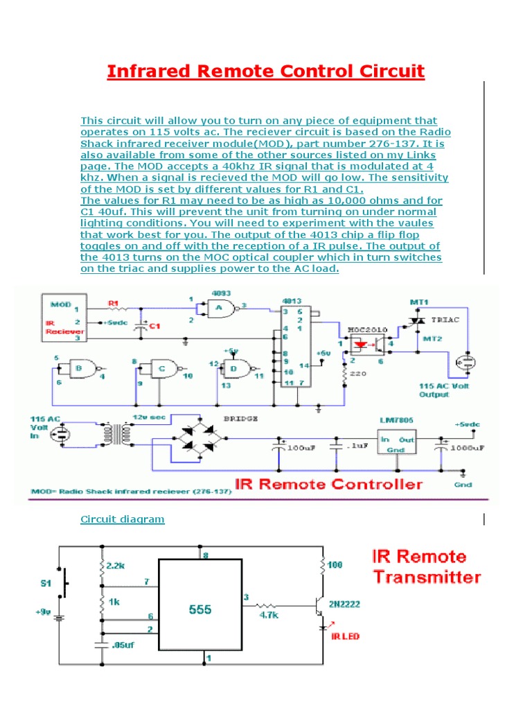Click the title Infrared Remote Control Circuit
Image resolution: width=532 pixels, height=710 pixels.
click(x=265, y=71)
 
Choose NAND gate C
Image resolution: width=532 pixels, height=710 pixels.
click(x=163, y=370)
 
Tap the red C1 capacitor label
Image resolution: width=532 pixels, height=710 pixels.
click(x=156, y=327)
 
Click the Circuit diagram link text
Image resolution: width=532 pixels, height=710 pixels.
click(x=123, y=519)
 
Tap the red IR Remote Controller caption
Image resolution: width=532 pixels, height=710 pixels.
click(x=329, y=483)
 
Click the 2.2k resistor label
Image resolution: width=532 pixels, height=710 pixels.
click(x=118, y=566)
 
